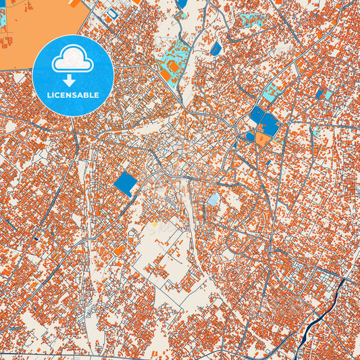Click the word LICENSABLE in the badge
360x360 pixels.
73,95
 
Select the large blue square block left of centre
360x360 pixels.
125,183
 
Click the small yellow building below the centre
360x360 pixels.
154,223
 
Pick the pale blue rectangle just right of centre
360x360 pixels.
213,200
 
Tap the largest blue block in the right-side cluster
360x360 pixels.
269,123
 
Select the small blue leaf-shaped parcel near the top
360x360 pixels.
215,49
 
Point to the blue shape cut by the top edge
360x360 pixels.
182,3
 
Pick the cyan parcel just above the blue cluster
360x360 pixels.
270,95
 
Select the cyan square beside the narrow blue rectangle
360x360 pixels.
328,95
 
